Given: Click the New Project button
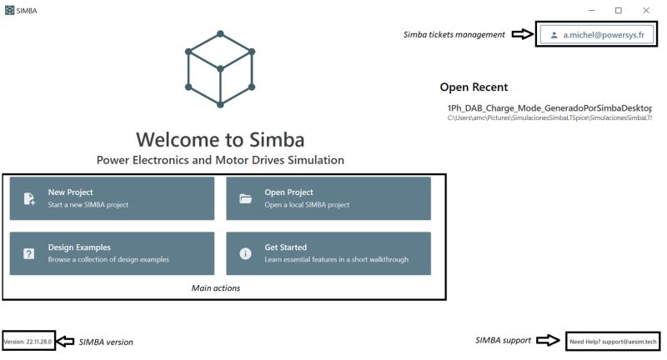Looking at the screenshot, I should (x=112, y=198).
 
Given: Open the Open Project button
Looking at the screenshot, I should (x=328, y=198).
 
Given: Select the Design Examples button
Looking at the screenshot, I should (x=112, y=253).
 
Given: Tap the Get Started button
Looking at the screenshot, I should (x=328, y=253).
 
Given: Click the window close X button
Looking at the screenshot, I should (x=646, y=10).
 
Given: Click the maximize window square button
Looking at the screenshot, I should (x=619, y=10).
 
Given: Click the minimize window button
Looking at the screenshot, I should (x=591, y=10).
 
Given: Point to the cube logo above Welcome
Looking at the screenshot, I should (x=220, y=70).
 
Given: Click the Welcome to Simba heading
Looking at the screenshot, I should (x=220, y=138).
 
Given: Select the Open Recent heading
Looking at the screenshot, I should (x=474, y=87).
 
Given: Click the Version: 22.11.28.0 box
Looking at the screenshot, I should (x=28, y=342).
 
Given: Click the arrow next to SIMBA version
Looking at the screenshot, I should (x=66, y=342).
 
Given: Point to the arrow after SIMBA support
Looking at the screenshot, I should (x=547, y=341).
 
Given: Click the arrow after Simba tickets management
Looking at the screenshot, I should (x=522, y=35).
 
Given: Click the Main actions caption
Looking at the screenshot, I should (x=216, y=288).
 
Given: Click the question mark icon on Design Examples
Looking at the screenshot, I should (x=29, y=254).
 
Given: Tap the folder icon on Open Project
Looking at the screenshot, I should (x=246, y=198).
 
